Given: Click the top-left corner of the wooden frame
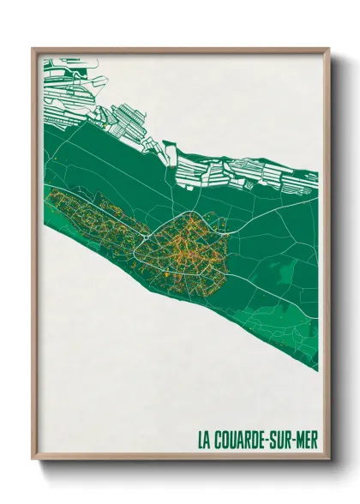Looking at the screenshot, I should pyautogui.click(x=33, y=48).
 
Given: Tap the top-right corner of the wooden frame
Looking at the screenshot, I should pyautogui.click(x=329, y=48).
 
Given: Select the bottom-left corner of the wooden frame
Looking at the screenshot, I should pyautogui.click(x=33, y=461).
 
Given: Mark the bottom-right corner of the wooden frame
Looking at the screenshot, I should pyautogui.click(x=329, y=461).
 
